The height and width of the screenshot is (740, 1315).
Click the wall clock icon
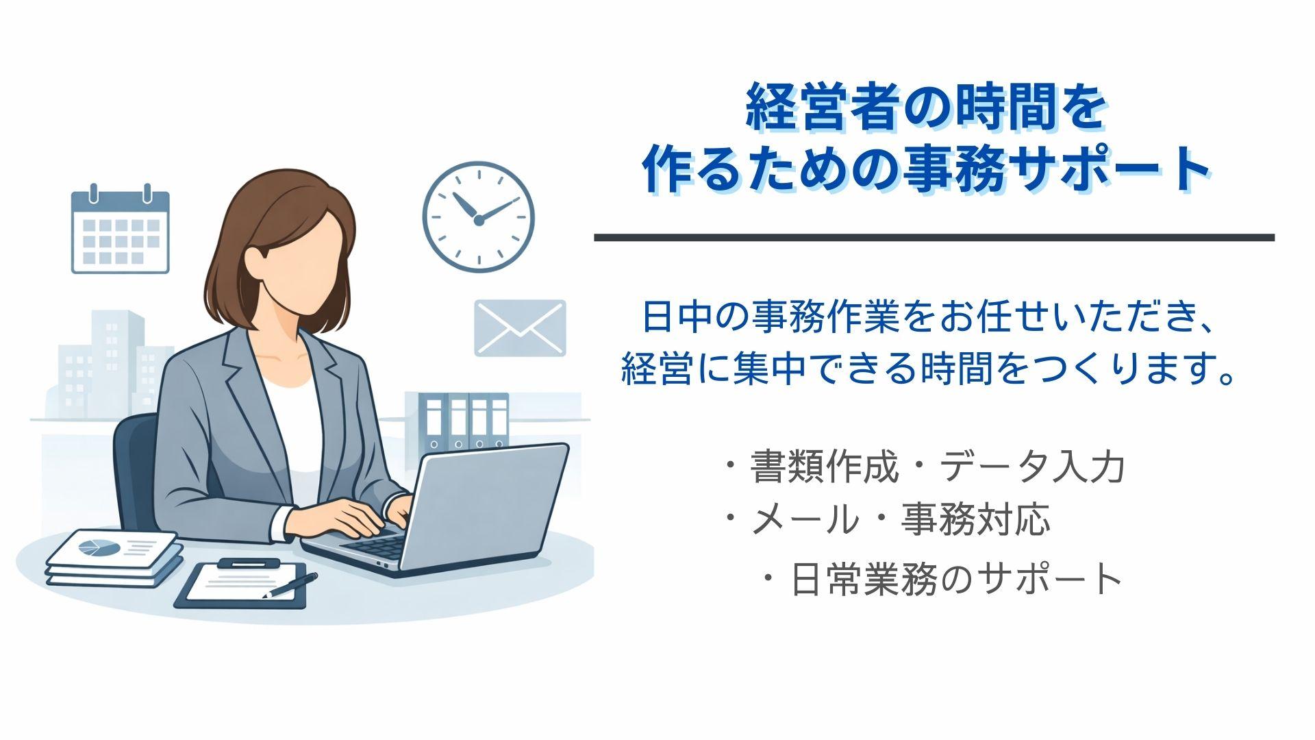pos(478,217)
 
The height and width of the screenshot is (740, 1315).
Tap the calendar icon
pos(121,230)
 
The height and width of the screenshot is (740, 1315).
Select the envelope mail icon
pos(521,328)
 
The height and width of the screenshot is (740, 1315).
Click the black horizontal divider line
pos(934,238)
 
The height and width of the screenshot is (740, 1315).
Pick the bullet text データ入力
pos(1032,468)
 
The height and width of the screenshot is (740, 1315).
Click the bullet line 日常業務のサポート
pos(956,579)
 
